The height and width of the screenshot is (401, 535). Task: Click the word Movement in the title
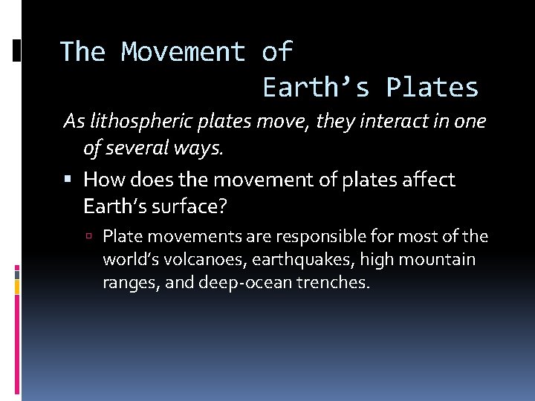183,52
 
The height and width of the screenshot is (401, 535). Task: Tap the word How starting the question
103,179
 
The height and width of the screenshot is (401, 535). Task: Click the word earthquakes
308,259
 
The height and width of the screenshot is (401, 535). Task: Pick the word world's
134,259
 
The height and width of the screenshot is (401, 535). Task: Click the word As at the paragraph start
73,121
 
